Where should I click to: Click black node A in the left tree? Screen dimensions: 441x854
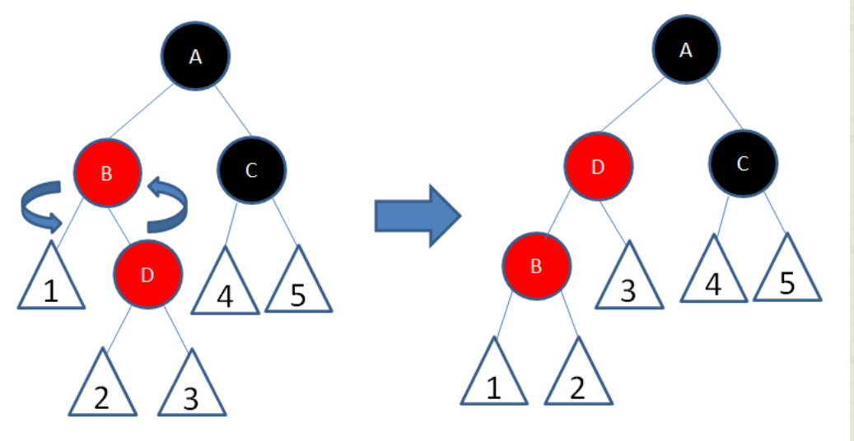click(195, 56)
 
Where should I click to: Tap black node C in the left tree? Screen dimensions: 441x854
click(252, 170)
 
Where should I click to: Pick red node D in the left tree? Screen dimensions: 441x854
click(147, 274)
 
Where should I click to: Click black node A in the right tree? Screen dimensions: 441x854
click(686, 50)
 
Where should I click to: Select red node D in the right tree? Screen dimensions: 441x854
click(599, 167)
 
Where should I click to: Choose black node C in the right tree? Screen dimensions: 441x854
click(743, 164)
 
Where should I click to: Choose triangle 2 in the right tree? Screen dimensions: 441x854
click(577, 378)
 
